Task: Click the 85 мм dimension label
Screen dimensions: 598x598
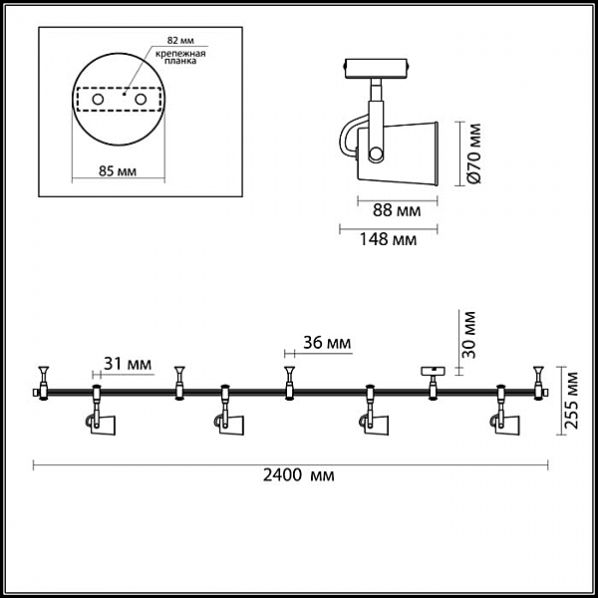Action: click(118, 171)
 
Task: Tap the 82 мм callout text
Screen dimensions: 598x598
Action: click(180, 41)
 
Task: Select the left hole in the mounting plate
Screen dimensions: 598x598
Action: click(98, 100)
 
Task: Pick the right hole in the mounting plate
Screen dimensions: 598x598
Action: click(141, 100)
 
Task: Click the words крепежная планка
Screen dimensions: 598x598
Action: click(180, 57)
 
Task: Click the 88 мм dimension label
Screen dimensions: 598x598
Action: click(397, 210)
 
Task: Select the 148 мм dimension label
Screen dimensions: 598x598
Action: click(389, 239)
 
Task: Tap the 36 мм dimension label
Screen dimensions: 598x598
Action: click(327, 343)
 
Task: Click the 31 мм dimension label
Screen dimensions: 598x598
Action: click(128, 364)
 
